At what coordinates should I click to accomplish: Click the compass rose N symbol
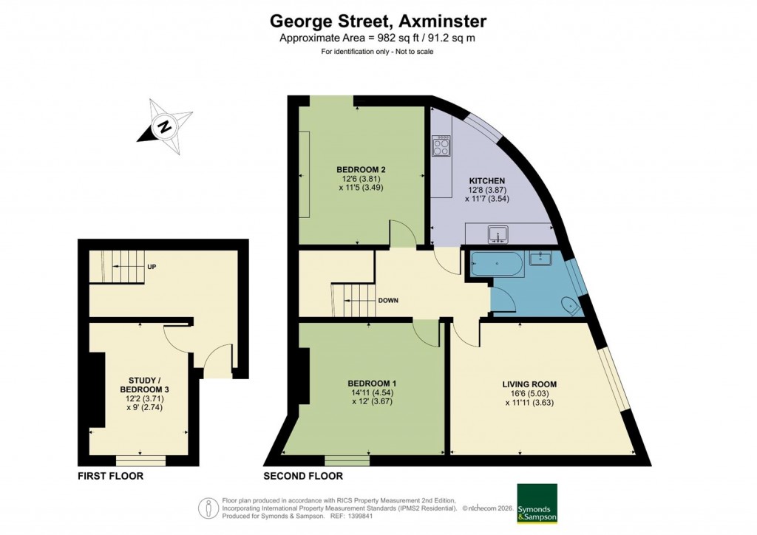[164, 127]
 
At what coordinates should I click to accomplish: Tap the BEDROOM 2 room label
[361, 169]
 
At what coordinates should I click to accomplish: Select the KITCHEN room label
[487, 181]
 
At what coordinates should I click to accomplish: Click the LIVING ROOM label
[529, 384]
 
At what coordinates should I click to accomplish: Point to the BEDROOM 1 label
[373, 384]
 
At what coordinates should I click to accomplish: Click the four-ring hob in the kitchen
[441, 146]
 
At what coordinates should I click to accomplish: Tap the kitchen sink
[498, 235]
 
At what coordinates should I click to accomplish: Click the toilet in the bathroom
[570, 305]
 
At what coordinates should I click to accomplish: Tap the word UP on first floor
[151, 267]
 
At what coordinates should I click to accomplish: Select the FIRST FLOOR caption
[111, 477]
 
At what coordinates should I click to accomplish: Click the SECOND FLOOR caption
[303, 477]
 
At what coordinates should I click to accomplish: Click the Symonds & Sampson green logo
[537, 504]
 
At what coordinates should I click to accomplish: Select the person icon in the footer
[208, 508]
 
